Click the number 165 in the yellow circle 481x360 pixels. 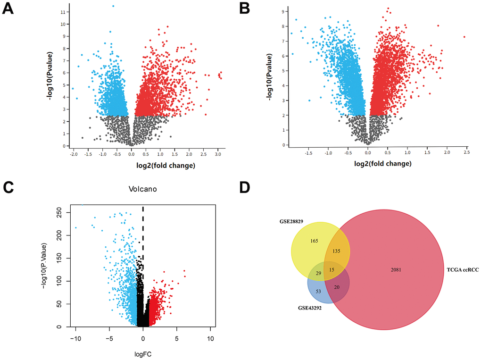314,241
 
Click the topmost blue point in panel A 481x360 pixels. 113,6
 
